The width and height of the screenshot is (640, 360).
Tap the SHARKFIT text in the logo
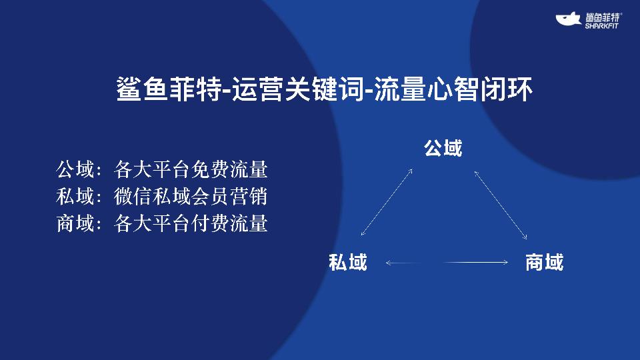coord(603,26)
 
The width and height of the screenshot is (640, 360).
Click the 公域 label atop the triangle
coord(443,148)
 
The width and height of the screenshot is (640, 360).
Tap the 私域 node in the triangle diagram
coord(348,263)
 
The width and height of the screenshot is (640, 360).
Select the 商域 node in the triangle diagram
coord(544,263)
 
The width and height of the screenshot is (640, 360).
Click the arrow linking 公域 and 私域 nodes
coord(386,203)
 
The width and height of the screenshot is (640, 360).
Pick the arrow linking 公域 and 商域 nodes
coord(501,205)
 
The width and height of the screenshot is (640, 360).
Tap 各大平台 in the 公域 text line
coord(152,170)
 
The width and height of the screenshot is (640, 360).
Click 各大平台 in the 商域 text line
coord(152,223)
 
